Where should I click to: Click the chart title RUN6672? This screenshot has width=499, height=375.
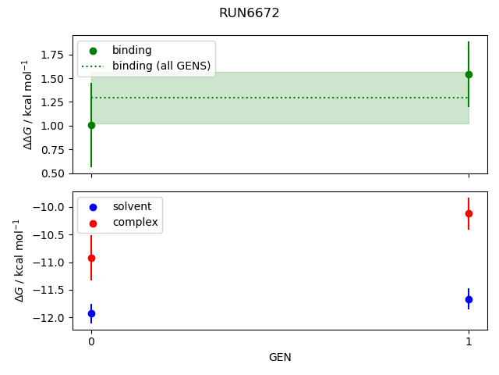coord(249,13)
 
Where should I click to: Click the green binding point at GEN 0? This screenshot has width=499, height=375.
coord(91,125)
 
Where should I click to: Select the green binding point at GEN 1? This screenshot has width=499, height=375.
coord(469,74)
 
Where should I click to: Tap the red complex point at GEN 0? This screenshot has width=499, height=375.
coord(91,258)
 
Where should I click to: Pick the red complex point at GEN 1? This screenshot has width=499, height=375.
coord(469,213)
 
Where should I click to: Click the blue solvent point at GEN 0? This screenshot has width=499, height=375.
coord(91,313)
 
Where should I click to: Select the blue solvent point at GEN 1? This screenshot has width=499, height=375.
coord(469,299)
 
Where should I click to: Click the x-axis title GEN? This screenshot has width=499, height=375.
coord(280,357)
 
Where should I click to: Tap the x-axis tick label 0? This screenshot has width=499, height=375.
coord(91,341)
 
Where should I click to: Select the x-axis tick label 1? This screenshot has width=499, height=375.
coord(469,341)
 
